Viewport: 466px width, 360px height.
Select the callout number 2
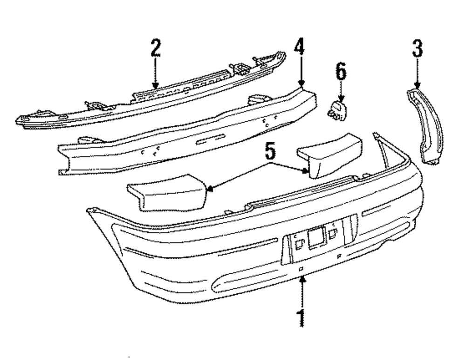coord(155,48)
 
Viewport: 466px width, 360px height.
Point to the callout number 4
coord(300,48)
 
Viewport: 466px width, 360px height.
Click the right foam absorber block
coord(331,156)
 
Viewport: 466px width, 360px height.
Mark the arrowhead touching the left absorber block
coord(210,189)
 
